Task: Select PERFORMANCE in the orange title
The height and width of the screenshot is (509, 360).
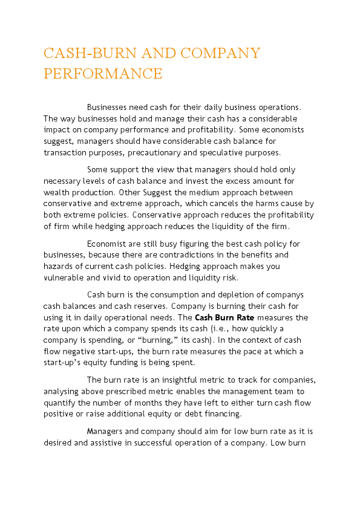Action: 103,74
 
